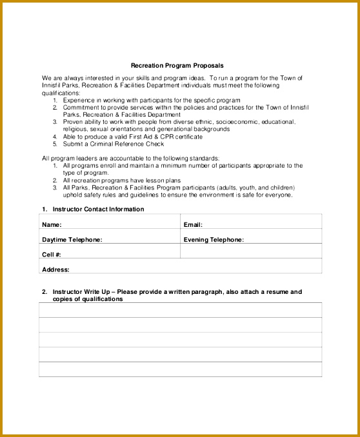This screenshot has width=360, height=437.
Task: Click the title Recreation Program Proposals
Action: tap(177, 65)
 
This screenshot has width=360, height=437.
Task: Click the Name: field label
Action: tap(52, 225)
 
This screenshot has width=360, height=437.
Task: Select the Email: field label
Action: tap(193, 225)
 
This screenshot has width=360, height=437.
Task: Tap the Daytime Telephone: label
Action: tap(72, 240)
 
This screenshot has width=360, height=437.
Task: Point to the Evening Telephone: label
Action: tap(214, 240)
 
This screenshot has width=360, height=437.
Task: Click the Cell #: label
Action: tap(52, 255)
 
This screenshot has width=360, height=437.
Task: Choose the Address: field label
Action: tap(55, 269)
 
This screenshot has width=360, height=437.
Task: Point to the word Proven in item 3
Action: tap(73, 122)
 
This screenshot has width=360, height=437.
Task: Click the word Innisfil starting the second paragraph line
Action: tap(53, 85)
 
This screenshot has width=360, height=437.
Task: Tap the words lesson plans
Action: tap(165, 180)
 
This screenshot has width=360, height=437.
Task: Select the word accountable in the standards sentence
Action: tap(130, 159)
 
